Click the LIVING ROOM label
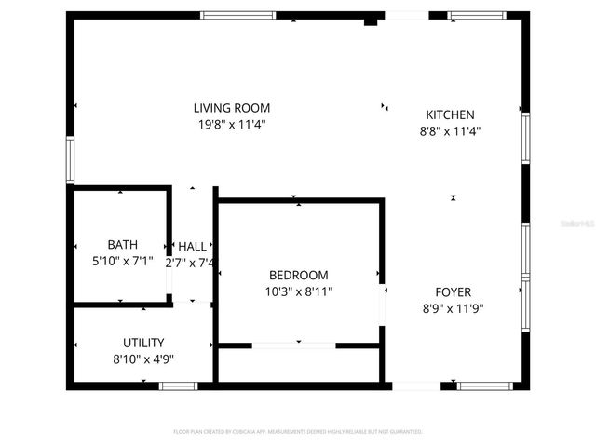click(x=232, y=108)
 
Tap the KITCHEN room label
click(x=450, y=115)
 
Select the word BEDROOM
click(x=298, y=275)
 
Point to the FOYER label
click(x=454, y=292)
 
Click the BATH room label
click(x=122, y=245)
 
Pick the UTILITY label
click(x=143, y=342)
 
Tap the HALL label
click(x=193, y=246)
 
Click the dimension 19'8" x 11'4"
click(x=232, y=124)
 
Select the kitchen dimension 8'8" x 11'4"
click(x=450, y=130)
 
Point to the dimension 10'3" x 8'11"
click(x=298, y=291)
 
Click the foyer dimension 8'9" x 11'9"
click(x=454, y=308)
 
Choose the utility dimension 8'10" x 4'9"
click(x=143, y=358)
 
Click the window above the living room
click(x=238, y=15)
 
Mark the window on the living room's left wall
click(x=69, y=159)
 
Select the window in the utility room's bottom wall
click(x=178, y=386)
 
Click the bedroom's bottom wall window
click(x=293, y=345)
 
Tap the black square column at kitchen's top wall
click(x=371, y=20)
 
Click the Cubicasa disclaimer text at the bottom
click(x=298, y=432)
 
